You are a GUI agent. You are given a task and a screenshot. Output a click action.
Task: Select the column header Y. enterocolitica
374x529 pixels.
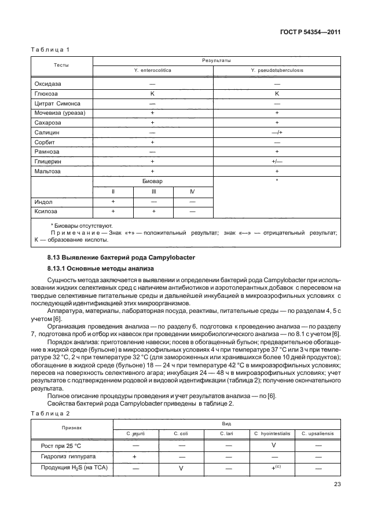pyautogui.click(x=153, y=70)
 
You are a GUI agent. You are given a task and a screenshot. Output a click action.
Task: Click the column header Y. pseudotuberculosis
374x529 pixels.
pyautogui.click(x=277, y=70)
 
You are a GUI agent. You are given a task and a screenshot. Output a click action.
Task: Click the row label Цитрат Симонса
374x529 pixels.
pyautogui.click(x=57, y=103)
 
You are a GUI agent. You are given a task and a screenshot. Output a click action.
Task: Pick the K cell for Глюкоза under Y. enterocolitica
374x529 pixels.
pyautogui.click(x=153, y=93)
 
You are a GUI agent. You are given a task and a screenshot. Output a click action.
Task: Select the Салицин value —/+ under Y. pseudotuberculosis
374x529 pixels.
pyautogui.click(x=277, y=132)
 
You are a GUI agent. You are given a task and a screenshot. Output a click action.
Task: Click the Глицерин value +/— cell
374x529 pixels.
pyautogui.click(x=277, y=162)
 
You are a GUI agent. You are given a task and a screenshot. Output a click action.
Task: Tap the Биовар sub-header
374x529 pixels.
pyautogui.click(x=153, y=181)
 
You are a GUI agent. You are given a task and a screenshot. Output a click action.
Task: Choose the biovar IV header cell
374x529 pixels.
pyautogui.click(x=192, y=191)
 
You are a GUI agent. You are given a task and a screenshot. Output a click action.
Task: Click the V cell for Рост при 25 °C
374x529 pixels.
pyautogui.click(x=272, y=445)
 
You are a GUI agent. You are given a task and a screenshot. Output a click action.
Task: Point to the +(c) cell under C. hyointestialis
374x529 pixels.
pyautogui.click(x=272, y=468)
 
